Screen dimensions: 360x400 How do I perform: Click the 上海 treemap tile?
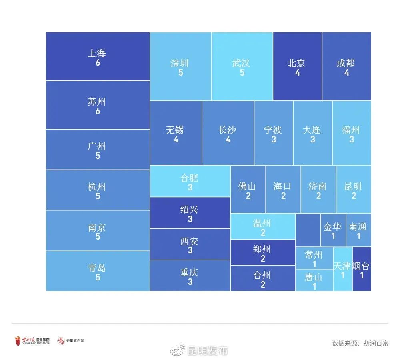point(98,57)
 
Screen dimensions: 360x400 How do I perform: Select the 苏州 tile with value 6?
point(98,105)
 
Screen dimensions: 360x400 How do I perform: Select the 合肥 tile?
point(190,181)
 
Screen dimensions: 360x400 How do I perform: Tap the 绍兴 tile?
point(190,212)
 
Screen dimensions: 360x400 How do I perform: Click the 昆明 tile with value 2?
point(353,190)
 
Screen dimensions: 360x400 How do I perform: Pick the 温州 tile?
point(263,226)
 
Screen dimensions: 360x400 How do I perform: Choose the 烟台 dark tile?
point(362,269)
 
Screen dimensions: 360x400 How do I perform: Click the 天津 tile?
point(343,269)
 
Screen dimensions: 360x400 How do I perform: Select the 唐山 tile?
point(314,280)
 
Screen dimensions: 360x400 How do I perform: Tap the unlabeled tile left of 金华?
point(308,230)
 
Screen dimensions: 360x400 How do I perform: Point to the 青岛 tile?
point(98,271)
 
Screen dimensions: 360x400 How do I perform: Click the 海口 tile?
point(283,190)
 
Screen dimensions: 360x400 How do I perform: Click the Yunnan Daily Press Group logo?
point(32,341)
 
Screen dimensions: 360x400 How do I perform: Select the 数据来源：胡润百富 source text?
point(360,343)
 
